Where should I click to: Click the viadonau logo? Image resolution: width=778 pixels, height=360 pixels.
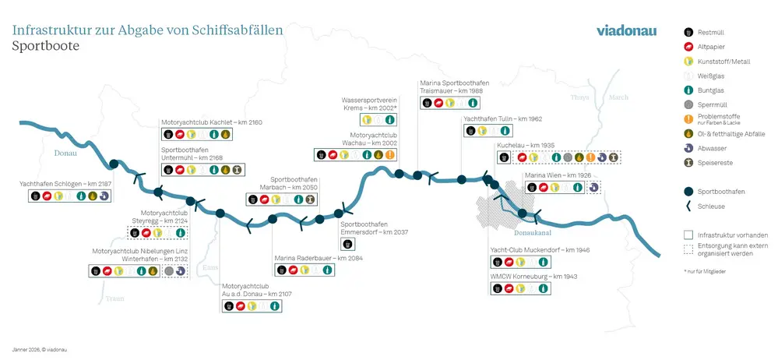626,31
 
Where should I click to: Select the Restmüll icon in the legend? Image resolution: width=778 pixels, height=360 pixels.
688,33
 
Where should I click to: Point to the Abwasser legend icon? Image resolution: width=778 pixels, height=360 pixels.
688,148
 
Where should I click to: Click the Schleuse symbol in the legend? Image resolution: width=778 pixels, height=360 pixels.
688,206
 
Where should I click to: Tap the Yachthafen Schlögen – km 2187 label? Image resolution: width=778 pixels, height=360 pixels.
65,184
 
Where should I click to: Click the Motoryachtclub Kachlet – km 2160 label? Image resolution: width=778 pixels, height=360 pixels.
211,122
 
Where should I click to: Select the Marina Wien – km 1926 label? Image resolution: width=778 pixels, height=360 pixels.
554,175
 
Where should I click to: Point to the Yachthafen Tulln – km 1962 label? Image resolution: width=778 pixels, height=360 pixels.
502,119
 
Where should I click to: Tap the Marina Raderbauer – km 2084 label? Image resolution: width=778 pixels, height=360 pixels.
315,258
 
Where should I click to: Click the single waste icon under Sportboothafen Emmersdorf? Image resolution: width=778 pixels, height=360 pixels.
348,244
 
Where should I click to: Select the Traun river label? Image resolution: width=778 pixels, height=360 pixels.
114,298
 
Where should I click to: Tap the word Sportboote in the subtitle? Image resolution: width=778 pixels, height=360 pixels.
46,46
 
